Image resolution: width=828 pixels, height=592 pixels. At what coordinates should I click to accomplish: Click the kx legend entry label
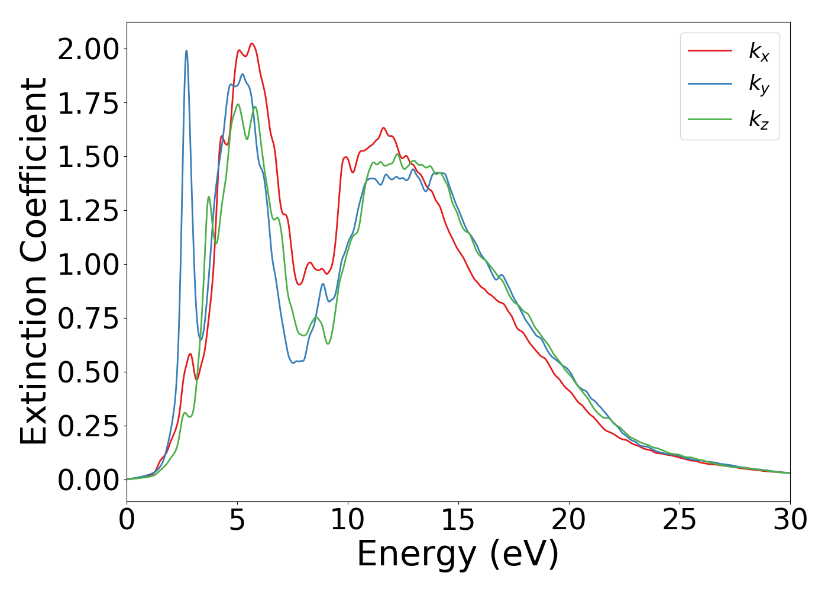click(759, 52)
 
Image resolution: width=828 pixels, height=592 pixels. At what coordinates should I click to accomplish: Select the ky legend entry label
click(759, 85)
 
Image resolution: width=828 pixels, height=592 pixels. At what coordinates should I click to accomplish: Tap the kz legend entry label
click(759, 119)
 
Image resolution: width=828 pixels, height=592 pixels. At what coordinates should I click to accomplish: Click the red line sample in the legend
click(710, 51)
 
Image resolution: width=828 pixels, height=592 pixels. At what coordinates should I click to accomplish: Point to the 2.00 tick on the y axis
click(88, 49)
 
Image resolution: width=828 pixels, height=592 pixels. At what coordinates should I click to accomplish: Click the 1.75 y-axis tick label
click(88, 103)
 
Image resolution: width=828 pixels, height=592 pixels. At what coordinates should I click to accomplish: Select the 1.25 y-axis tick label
click(88, 211)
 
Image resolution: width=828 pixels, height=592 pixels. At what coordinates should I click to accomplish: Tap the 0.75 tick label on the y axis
click(88, 318)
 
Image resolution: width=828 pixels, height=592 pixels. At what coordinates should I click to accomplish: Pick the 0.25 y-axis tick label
click(88, 426)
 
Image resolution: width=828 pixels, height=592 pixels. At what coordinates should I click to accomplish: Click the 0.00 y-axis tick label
click(88, 480)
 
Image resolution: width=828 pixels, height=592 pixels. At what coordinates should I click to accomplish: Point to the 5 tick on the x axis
click(237, 520)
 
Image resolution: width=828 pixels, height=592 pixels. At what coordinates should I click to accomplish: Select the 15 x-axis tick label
click(458, 520)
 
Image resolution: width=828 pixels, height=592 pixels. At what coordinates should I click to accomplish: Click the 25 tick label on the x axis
click(680, 520)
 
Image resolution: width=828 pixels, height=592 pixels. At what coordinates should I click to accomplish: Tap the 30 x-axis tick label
click(790, 520)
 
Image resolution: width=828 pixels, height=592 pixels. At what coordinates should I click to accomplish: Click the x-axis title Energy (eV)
click(458, 554)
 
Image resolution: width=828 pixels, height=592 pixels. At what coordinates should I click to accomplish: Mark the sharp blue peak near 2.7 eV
click(186, 51)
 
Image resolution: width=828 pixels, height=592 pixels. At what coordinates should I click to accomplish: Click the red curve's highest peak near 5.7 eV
click(252, 44)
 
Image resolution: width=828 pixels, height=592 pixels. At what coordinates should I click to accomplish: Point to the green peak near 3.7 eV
click(209, 197)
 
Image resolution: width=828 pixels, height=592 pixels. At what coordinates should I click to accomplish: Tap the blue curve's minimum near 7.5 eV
click(294, 362)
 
